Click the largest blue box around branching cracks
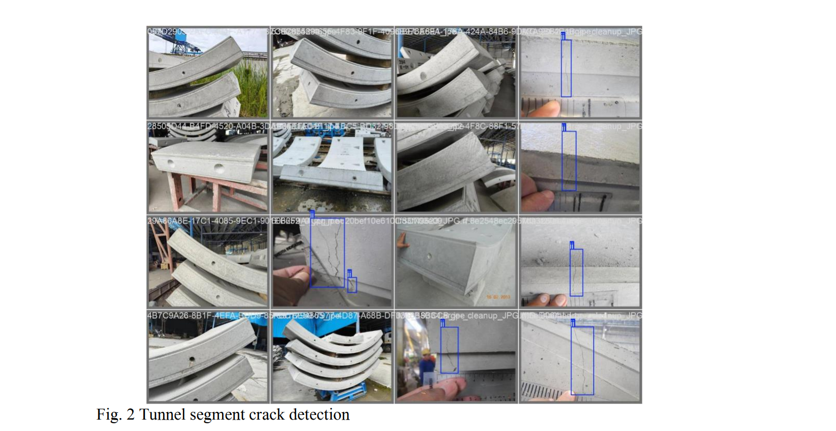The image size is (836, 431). tap(327, 253)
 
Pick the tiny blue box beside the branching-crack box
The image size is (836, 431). tap(352, 285)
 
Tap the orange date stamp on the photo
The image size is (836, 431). tap(498, 297)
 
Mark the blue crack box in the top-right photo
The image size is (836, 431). tap(566, 68)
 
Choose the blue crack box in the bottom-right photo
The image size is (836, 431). tap(582, 361)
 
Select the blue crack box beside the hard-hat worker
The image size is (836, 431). tap(449, 350)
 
